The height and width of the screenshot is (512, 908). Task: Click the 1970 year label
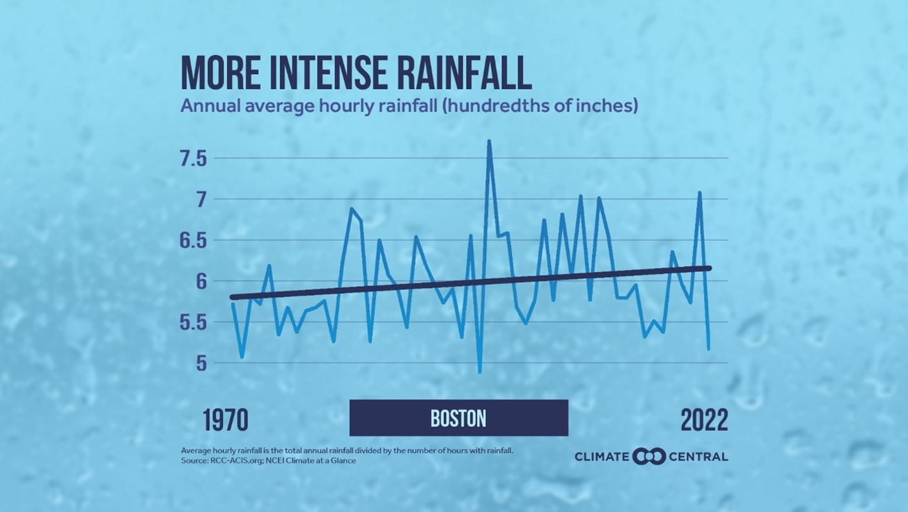click(225, 420)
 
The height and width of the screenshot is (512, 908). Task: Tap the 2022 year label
click(704, 420)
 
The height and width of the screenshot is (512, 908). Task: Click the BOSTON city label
click(458, 418)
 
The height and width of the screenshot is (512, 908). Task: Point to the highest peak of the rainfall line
click(489, 141)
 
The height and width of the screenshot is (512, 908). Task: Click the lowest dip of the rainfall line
click(479, 372)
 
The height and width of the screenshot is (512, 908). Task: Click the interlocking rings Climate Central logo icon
click(649, 456)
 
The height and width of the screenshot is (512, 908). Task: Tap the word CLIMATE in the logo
click(601, 457)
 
